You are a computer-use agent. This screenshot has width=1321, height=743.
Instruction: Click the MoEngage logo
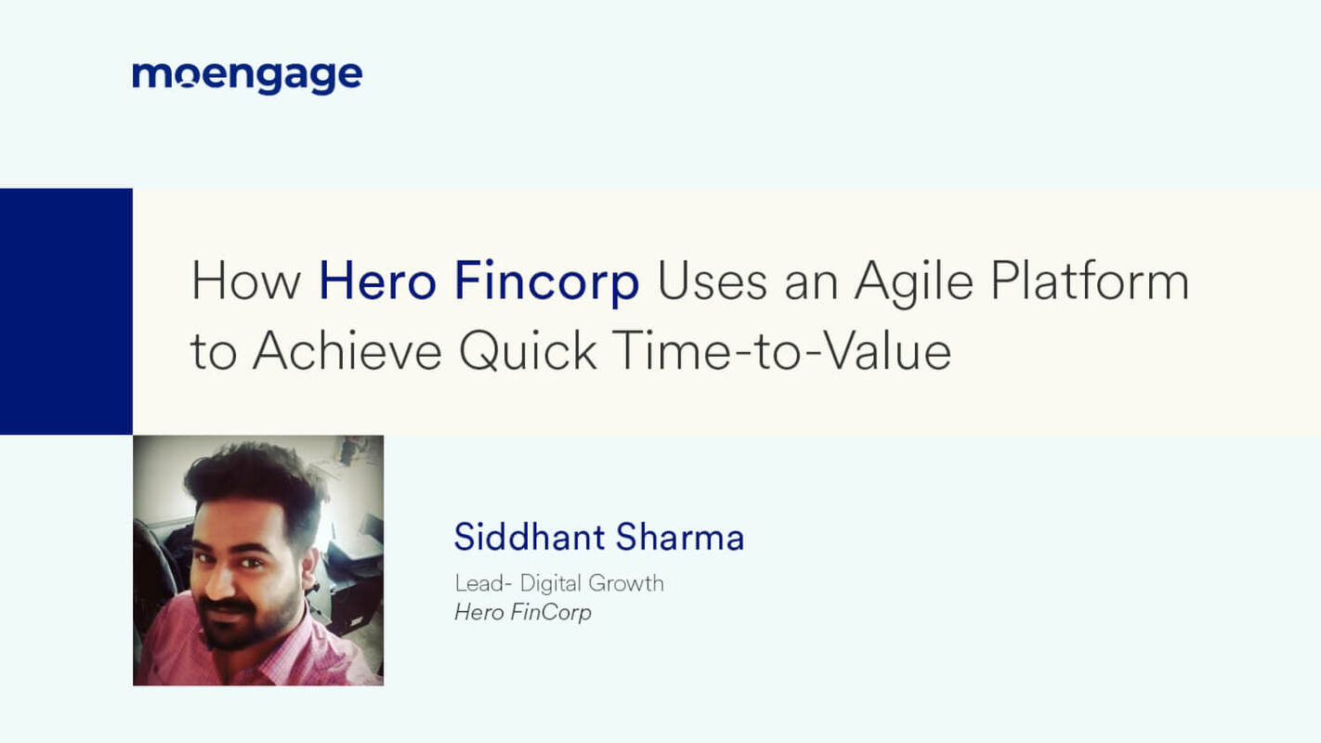(247, 77)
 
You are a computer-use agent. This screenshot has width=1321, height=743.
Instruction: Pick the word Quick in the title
(527, 352)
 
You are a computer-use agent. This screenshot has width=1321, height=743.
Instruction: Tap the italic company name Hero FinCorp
(523, 612)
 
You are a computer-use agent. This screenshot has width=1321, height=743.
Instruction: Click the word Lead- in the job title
(482, 583)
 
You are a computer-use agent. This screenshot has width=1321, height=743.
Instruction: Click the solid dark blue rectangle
(66, 311)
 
